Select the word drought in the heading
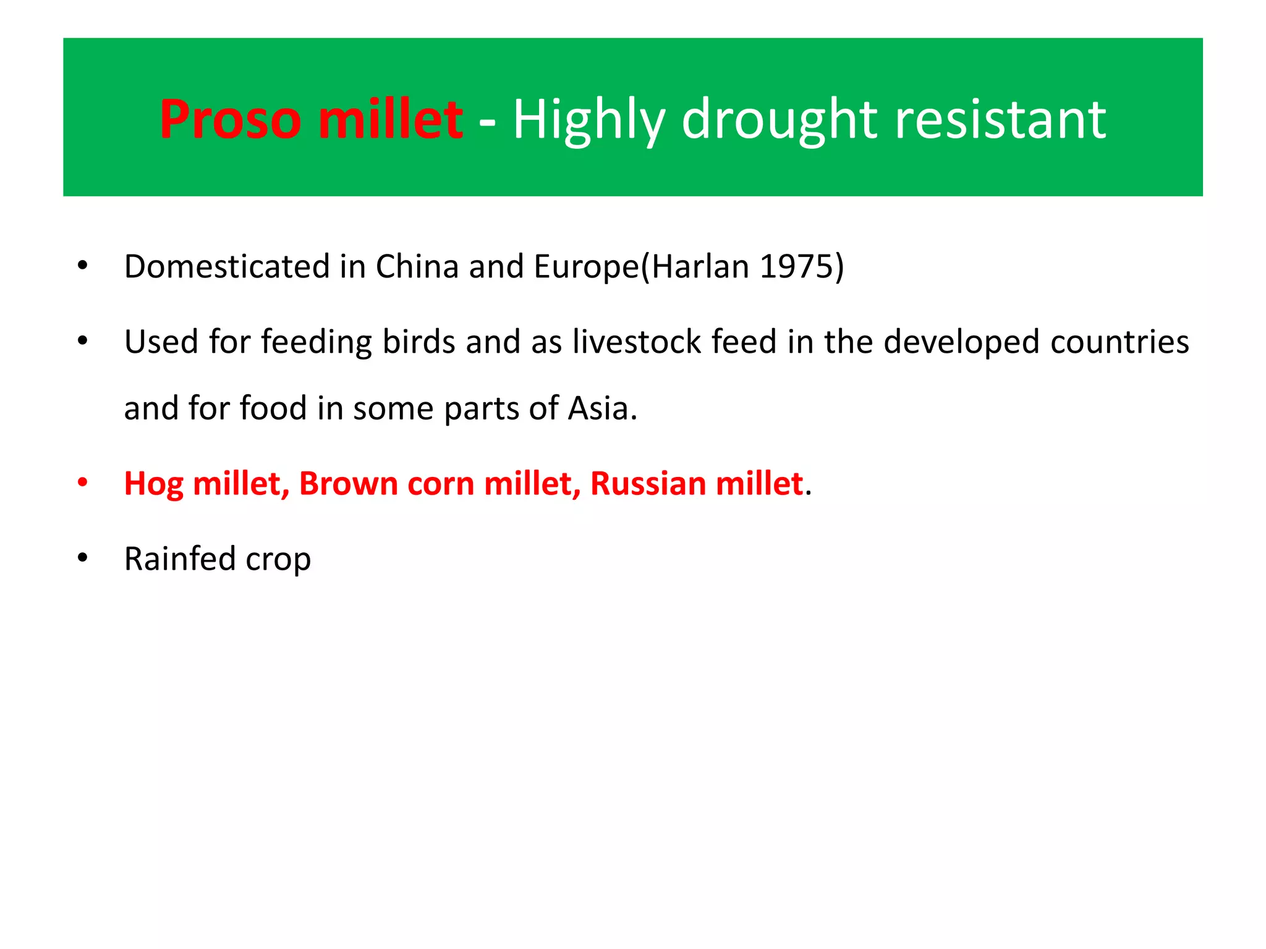coord(780,119)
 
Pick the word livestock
coord(636,342)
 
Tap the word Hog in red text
coord(153,484)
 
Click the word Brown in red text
coord(349,483)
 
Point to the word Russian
coord(647,483)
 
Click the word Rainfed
coord(180,559)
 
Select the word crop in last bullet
coord(278,560)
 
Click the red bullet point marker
coord(83,483)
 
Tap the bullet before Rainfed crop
coord(83,558)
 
